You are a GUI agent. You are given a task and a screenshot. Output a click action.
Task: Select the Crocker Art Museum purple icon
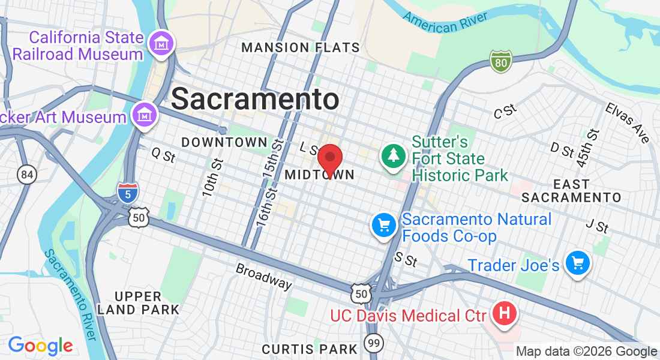(x=145, y=113)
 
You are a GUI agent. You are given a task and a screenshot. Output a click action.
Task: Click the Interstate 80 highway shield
(x=500, y=61)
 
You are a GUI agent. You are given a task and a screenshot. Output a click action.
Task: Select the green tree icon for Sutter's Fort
(x=393, y=156)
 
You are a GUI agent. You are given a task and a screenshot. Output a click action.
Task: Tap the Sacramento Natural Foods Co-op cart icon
(x=383, y=226)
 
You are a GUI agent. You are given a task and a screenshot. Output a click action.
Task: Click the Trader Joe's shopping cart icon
(x=578, y=263)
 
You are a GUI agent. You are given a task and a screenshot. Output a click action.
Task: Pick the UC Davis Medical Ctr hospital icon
(x=505, y=313)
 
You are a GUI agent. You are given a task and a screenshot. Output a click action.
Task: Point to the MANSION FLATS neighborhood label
(x=301, y=47)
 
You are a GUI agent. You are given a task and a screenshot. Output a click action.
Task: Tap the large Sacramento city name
(x=255, y=98)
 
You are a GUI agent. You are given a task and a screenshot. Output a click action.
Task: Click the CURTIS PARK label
(x=310, y=349)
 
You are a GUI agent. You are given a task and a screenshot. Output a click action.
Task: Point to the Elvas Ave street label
(x=628, y=122)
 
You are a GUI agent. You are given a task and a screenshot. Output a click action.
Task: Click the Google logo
(x=40, y=346)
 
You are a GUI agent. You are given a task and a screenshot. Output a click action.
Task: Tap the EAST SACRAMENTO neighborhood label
(x=571, y=191)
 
